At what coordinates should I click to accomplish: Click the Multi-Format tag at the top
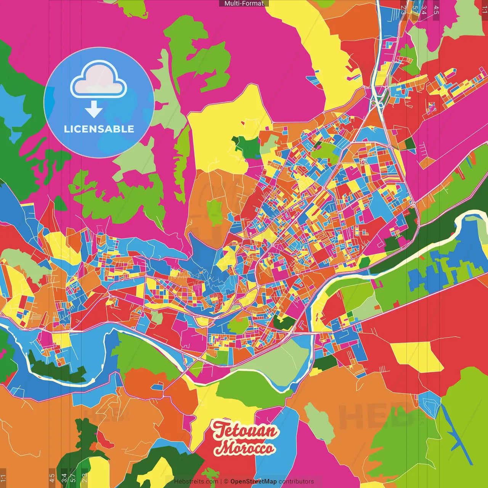coord(244,3)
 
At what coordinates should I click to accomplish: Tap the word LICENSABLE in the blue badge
coord(99,129)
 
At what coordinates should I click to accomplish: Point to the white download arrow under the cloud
coord(94,110)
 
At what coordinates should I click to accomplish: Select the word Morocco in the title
coord(244,448)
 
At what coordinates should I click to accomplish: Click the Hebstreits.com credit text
coord(196,482)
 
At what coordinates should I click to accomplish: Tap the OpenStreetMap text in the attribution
coord(253,482)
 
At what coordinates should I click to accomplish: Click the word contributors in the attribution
coord(296,482)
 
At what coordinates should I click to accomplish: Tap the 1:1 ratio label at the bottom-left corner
coord(3,478)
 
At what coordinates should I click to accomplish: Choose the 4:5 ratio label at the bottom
coord(52,478)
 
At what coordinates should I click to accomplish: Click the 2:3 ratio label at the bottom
coord(85,478)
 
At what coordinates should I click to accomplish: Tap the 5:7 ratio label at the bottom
coord(73,478)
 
